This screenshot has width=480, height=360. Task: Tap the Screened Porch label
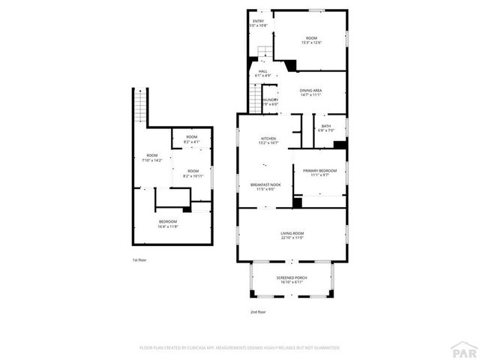292,280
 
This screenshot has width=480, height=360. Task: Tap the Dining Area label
310,92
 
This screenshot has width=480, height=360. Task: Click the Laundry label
270,102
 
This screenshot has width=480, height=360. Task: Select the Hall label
263,73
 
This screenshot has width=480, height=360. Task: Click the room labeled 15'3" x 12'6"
310,40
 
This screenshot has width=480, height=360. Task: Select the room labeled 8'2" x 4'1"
192,139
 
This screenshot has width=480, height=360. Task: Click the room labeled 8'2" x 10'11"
193,175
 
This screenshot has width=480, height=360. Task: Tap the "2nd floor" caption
258,311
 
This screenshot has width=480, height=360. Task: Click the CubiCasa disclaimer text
240,347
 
